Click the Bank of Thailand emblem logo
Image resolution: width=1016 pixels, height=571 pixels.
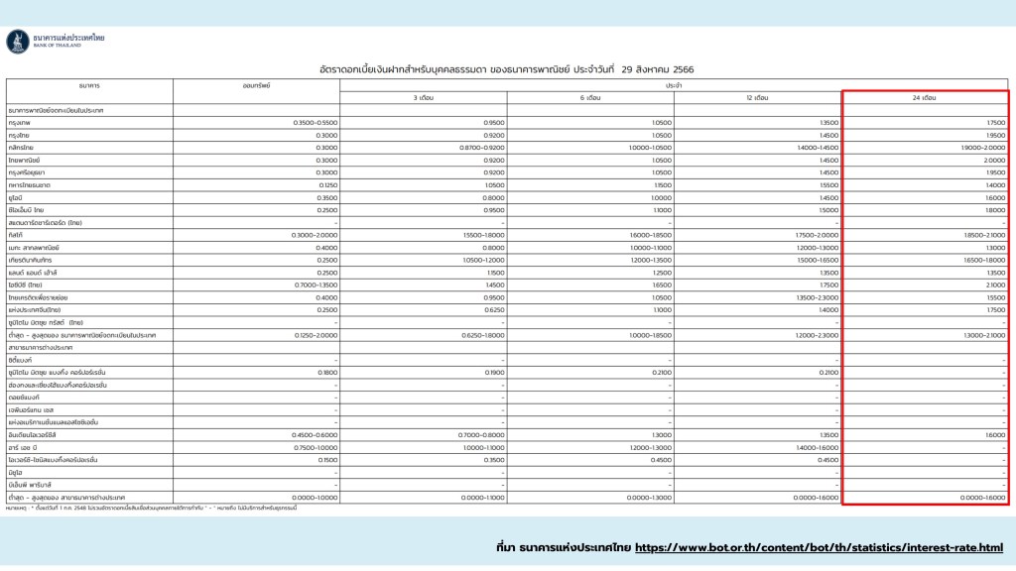point(17,41)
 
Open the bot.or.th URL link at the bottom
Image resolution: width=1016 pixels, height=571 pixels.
point(819,547)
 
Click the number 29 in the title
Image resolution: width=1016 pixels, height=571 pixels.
point(627,70)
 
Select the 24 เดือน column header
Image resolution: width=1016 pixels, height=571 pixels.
point(924,98)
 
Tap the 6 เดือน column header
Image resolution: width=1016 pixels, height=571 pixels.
point(589,98)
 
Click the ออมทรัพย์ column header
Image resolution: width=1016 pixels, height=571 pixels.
point(256,85)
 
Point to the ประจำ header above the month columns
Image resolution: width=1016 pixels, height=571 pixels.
point(674,85)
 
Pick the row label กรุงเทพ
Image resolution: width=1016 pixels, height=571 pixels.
point(18,122)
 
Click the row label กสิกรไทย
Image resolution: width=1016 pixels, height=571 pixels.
point(20,147)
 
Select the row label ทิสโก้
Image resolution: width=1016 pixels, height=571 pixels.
point(16,235)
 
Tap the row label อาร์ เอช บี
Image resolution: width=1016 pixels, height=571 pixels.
point(24,447)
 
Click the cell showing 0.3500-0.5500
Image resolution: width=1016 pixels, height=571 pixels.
point(316,122)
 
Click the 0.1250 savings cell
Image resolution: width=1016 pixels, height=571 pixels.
point(326,184)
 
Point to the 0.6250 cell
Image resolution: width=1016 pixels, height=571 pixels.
point(494,309)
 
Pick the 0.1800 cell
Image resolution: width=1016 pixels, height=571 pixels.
point(326,372)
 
